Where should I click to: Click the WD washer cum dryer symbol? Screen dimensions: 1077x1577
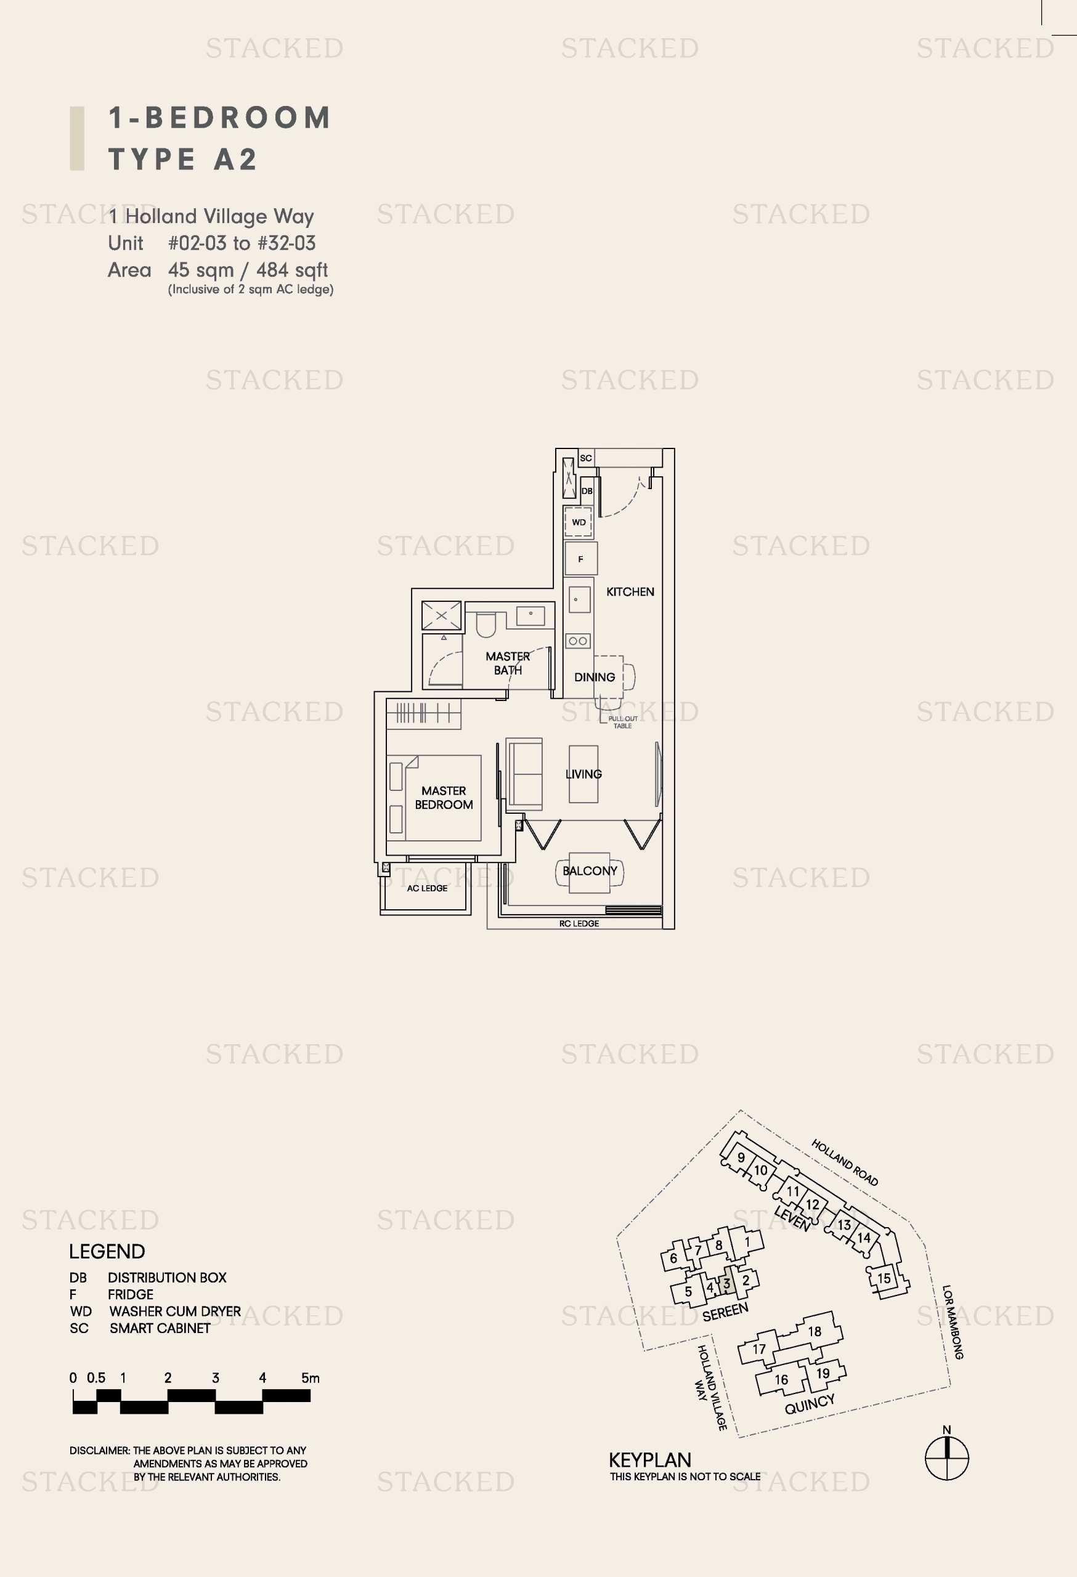click(x=578, y=522)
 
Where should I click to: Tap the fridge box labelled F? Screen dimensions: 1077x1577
click(x=581, y=559)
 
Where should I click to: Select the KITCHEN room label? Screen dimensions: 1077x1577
click(x=630, y=592)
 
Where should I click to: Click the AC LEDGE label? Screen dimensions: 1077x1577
click(x=427, y=888)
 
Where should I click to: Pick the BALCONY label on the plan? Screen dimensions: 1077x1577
click(x=590, y=870)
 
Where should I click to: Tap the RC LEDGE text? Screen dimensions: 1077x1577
click(x=579, y=923)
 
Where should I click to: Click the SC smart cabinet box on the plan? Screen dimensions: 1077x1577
click(x=586, y=458)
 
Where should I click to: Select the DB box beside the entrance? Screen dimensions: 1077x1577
click(x=587, y=490)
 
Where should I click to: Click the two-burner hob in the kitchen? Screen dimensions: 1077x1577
click(x=578, y=641)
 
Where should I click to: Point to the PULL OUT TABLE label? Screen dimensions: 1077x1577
click(x=622, y=722)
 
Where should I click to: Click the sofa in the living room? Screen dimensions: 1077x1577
click(x=524, y=774)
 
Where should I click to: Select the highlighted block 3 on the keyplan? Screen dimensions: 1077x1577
click(x=727, y=1283)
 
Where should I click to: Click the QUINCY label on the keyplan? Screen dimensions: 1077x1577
click(x=810, y=1404)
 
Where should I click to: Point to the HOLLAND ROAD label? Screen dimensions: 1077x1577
click(x=845, y=1162)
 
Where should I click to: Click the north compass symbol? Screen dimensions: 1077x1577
click(x=947, y=1457)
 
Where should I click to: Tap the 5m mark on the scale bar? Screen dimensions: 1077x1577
click(x=310, y=1377)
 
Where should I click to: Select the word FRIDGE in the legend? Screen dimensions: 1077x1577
click(x=130, y=1294)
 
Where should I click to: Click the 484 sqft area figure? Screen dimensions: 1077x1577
click(x=292, y=270)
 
